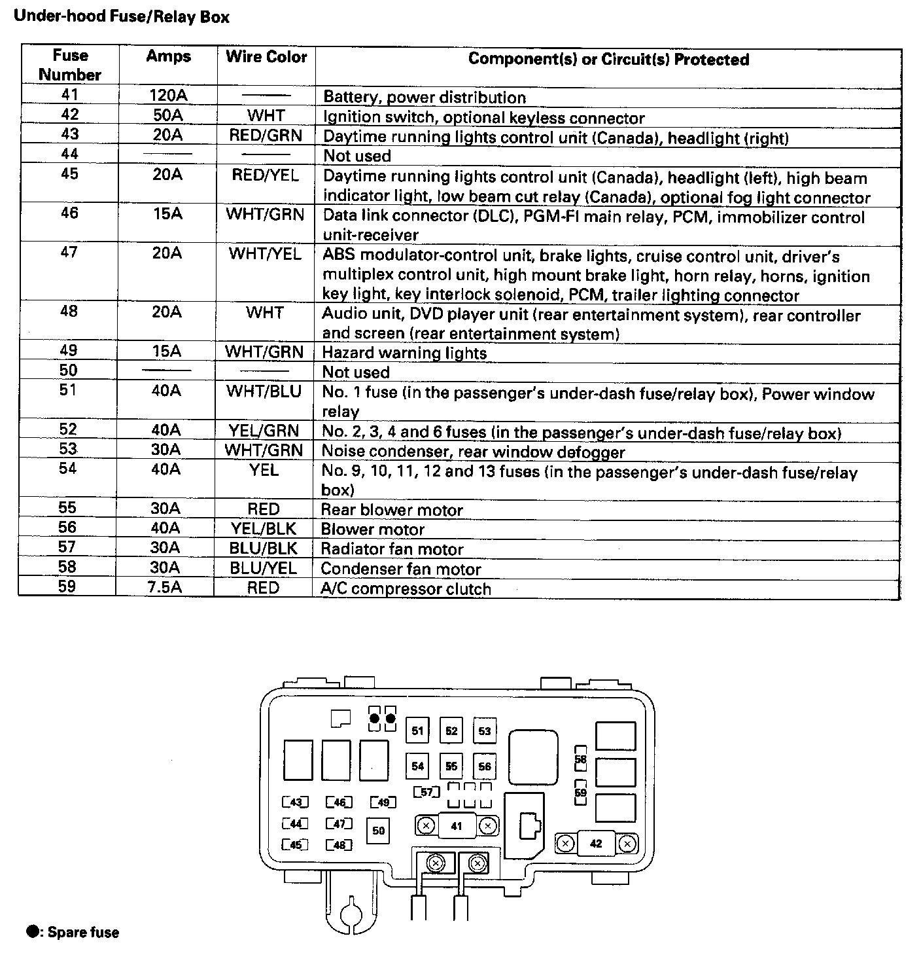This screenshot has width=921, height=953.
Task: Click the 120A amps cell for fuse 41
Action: point(168,96)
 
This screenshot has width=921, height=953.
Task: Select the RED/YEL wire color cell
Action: point(266,175)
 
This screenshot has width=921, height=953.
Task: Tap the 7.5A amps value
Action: point(166,587)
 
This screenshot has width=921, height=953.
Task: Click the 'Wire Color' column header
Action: point(266,57)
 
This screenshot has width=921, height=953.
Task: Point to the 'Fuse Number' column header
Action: point(70,65)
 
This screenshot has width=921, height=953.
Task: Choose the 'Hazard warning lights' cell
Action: point(404,353)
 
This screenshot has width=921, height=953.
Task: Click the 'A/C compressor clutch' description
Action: point(406,588)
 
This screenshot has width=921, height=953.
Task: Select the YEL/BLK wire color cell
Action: point(264,529)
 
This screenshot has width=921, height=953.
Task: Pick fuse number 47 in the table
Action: point(69,253)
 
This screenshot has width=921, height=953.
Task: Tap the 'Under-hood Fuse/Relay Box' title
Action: point(122,16)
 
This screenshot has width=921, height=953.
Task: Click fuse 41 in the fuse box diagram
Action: point(457,826)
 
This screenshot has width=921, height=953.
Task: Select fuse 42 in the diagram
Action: point(596,844)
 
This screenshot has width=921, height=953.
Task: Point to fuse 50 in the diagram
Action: point(379,831)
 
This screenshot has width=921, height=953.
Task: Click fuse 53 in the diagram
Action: point(485,731)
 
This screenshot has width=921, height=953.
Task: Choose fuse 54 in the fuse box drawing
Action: point(418,766)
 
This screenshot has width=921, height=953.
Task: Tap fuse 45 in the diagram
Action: point(295,845)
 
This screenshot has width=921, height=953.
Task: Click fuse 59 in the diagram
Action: point(581,793)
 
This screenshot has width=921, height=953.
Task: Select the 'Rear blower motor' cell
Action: point(392,510)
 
